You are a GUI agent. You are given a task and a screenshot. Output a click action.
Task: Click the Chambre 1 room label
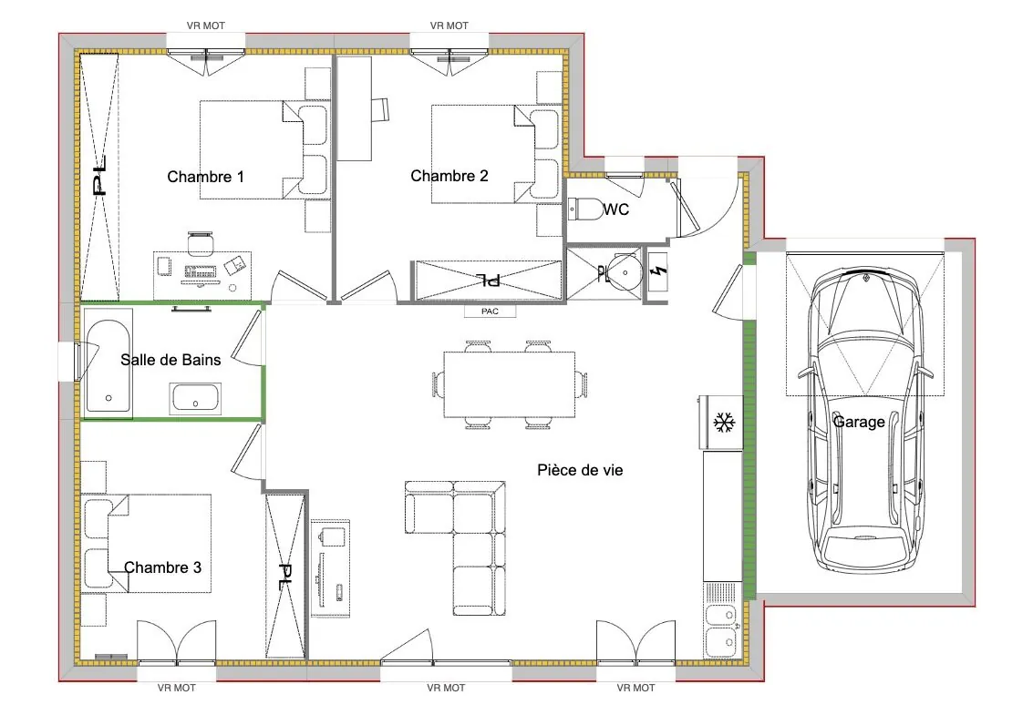tap(205, 177)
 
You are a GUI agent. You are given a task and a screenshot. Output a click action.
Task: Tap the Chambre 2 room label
tap(449, 176)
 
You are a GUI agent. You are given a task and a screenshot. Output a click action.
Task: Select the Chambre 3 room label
tap(162, 567)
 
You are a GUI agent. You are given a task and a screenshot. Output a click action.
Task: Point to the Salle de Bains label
tap(170, 360)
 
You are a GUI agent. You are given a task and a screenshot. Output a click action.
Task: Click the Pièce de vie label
tap(580, 470)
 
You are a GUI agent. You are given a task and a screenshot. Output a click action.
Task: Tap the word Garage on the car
tap(858, 422)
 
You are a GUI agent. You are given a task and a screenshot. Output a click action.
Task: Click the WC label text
tap(616, 210)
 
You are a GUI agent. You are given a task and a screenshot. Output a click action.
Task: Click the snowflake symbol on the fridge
tap(723, 423)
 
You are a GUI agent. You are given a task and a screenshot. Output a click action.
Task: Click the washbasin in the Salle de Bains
tap(194, 398)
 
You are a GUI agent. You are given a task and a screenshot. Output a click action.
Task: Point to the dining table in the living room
tap(509, 383)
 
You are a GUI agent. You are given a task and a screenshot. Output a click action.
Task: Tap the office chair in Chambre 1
tap(201, 244)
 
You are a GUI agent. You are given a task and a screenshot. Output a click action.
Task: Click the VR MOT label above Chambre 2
tap(449, 26)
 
